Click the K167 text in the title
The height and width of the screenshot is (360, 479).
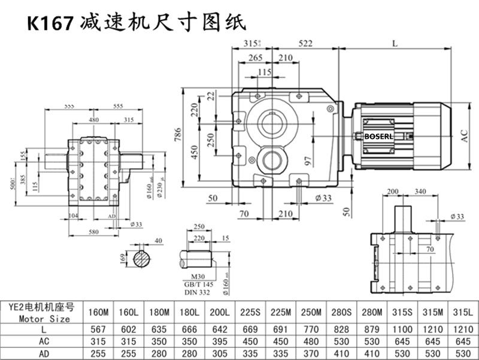(50, 22)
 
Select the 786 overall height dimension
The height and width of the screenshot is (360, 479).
(178, 137)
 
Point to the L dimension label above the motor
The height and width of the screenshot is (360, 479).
(394, 43)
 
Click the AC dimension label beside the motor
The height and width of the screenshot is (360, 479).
(465, 137)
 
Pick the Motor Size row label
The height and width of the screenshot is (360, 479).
(44, 319)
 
